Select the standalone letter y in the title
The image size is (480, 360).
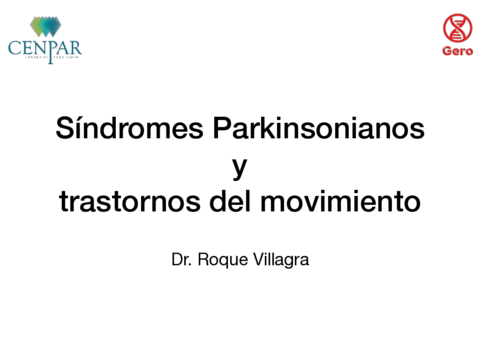pyautogui.click(x=240, y=168)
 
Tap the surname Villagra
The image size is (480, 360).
pyautogui.click(x=283, y=261)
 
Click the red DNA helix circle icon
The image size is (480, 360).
pyautogui.click(x=457, y=27)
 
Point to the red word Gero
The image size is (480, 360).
pyautogui.click(x=457, y=51)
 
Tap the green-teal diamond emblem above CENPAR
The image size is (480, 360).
pyautogui.click(x=44, y=25)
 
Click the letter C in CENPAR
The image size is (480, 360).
pyautogui.click(x=14, y=47)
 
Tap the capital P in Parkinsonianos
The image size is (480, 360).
pyautogui.click(x=219, y=129)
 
